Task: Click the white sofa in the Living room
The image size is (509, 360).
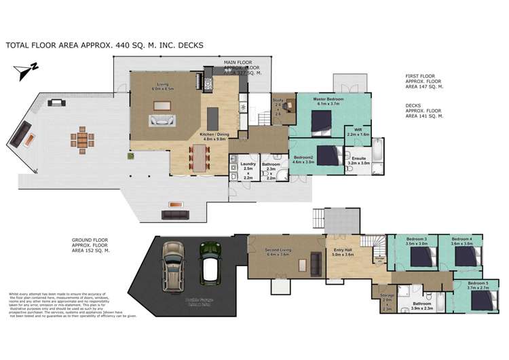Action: [x=161, y=121]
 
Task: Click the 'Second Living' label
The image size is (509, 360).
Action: [x=278, y=251]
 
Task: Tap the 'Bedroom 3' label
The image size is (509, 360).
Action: [x=417, y=240]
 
